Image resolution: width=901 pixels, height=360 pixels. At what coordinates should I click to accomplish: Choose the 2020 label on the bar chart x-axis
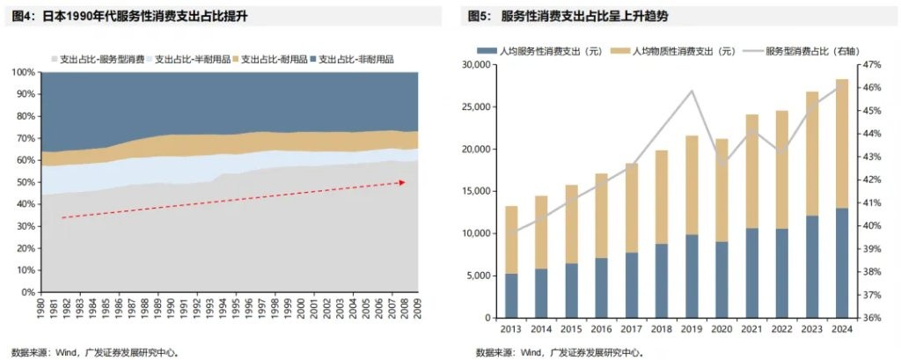pyautogui.click(x=722, y=330)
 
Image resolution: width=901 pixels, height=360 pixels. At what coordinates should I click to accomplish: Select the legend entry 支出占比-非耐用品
pyautogui.click(x=355, y=59)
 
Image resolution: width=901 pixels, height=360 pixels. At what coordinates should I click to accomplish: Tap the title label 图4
pyautogui.click(x=22, y=16)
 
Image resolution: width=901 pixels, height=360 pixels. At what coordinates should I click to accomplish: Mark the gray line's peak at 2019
pyautogui.click(x=692, y=91)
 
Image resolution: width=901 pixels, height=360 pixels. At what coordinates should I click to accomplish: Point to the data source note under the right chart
pyautogui.click(x=557, y=352)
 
